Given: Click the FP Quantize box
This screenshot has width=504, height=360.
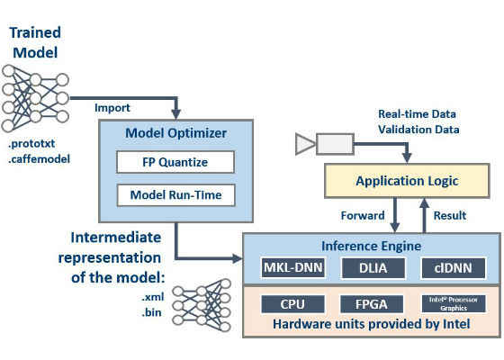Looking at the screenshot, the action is (175, 162).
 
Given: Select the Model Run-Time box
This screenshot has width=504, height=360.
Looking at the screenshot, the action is (176, 195).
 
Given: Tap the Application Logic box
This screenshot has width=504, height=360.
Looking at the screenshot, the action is (407, 181).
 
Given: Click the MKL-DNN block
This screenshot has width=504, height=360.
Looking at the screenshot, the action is (292, 268).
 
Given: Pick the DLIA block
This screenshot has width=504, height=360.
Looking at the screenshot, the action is (373, 268).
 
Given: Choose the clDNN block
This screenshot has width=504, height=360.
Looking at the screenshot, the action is (454, 268).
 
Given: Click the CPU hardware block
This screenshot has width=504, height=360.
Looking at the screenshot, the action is (292, 304).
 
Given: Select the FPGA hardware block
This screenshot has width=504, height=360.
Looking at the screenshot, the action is (372, 304).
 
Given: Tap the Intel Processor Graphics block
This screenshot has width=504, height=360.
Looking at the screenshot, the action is (454, 304).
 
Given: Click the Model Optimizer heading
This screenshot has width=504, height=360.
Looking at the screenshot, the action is (175, 133).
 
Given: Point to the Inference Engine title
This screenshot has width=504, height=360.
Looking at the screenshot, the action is (371, 247).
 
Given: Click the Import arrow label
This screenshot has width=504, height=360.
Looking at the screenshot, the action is (112, 108).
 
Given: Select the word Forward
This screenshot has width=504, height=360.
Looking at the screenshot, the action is (363, 215).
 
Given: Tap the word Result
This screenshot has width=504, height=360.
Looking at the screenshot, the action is (450, 215).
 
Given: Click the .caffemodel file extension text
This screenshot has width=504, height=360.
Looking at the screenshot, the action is (39, 159).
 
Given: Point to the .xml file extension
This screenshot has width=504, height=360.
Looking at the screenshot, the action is (153, 297).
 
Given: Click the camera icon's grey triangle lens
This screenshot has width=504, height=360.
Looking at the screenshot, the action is (305, 144).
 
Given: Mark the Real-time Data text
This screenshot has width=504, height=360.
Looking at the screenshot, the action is (417, 114).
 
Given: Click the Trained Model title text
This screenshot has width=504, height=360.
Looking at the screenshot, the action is (35, 43).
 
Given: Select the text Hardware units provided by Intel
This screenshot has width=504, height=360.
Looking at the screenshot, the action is (371, 324).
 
